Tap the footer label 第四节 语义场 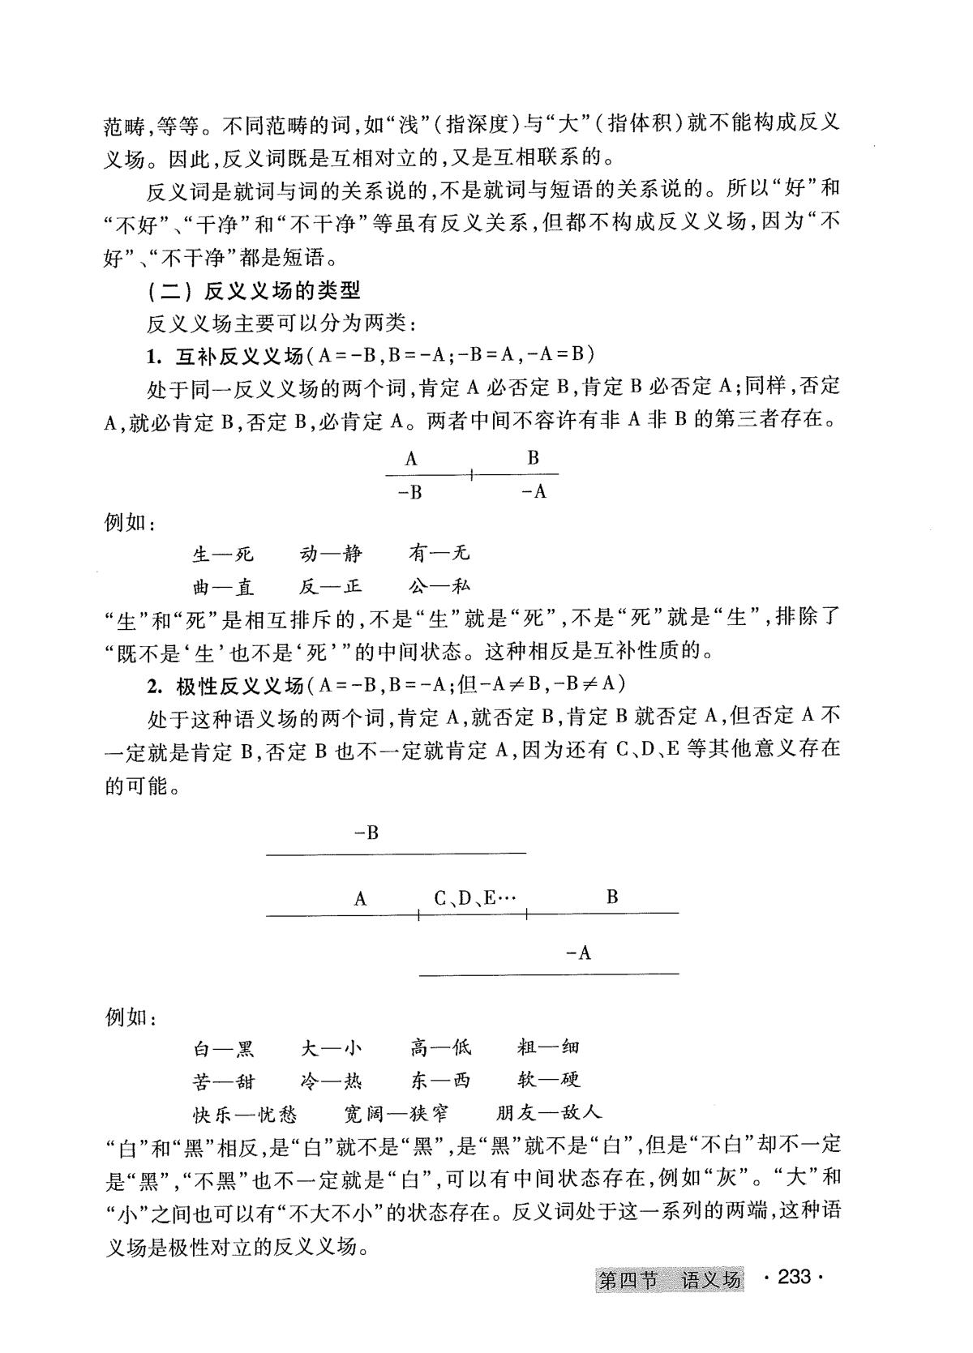click(670, 1280)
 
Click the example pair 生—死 click(223, 554)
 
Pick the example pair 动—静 click(331, 554)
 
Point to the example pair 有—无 click(439, 554)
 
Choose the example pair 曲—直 click(223, 586)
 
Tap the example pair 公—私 click(439, 586)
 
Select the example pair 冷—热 click(331, 1081)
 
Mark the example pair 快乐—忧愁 click(245, 1113)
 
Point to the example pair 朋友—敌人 click(549, 1113)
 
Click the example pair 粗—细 click(548, 1049)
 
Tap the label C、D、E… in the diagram click(474, 898)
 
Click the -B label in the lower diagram click(366, 833)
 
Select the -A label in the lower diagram click(579, 953)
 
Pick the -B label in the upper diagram click(411, 492)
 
